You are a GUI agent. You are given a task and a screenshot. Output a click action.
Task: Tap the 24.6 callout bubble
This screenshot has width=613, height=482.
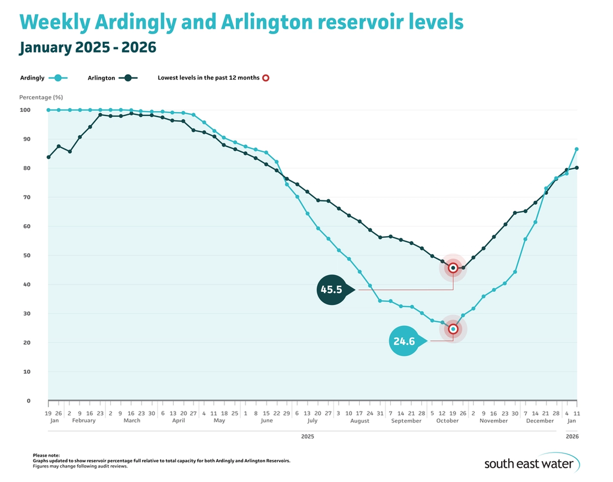pos(405,341)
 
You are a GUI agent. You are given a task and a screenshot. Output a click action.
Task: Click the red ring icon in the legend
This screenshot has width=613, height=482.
pos(266,78)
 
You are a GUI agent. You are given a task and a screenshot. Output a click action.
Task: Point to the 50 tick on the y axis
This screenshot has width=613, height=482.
pos(26,255)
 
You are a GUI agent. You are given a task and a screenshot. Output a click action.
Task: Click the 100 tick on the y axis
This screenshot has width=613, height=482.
pos(25,110)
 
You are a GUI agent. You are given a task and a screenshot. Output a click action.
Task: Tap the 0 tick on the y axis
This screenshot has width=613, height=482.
pos(28,401)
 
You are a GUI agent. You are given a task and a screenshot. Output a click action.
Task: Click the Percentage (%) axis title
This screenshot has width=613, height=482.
pos(41,97)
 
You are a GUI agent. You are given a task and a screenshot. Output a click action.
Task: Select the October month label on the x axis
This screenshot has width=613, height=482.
pos(447,420)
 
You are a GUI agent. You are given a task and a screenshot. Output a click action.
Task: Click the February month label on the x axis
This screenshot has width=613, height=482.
pos(84,420)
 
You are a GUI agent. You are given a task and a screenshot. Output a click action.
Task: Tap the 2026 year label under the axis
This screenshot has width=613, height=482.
pos(571,437)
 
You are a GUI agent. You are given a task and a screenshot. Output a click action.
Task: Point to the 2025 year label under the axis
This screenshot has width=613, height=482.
pos(307,437)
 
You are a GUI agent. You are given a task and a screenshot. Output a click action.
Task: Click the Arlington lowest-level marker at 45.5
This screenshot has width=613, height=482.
pos(453,268)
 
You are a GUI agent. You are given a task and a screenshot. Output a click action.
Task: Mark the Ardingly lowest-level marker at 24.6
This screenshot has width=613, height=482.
pos(453,329)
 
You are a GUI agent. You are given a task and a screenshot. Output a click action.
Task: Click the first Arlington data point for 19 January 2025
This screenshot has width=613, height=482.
pos(48,157)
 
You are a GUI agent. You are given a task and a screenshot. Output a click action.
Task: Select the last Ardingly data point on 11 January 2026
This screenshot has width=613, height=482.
pos(576,149)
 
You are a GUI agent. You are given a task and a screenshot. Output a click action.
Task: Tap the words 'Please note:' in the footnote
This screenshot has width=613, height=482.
pos(46,456)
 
